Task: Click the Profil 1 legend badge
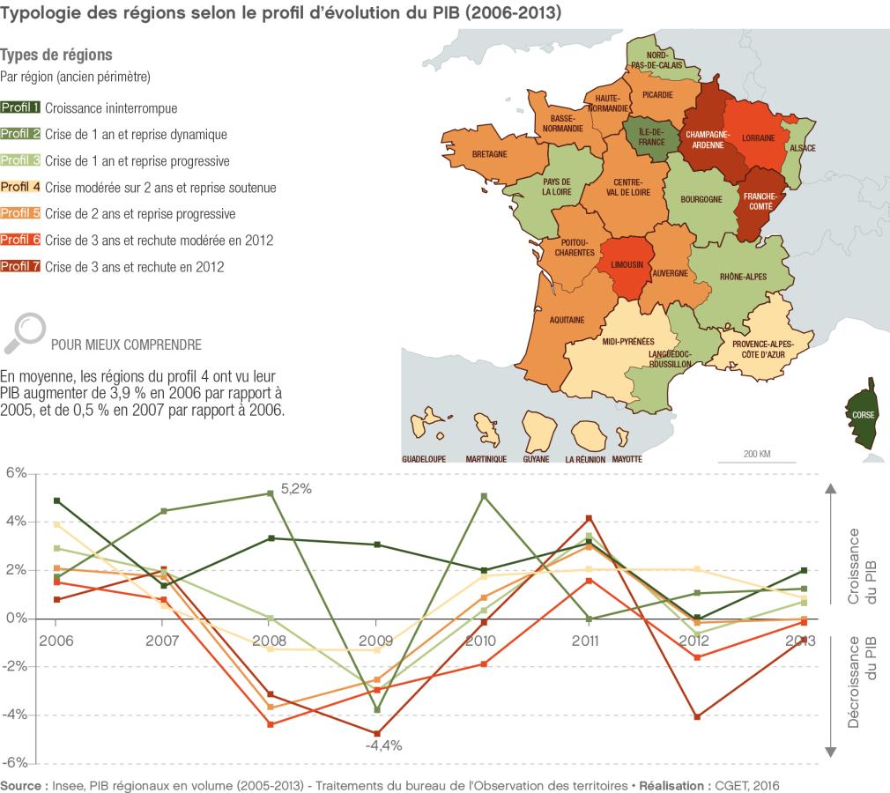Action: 21,108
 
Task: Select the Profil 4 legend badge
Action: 21,188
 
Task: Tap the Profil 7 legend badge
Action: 21,266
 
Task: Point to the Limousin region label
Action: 630,264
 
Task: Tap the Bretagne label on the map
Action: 489,154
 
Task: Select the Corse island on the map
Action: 860,414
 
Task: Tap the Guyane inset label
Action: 534,459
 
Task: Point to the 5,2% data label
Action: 297,486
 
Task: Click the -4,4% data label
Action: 383,745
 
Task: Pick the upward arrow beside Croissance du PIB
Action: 830,490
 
